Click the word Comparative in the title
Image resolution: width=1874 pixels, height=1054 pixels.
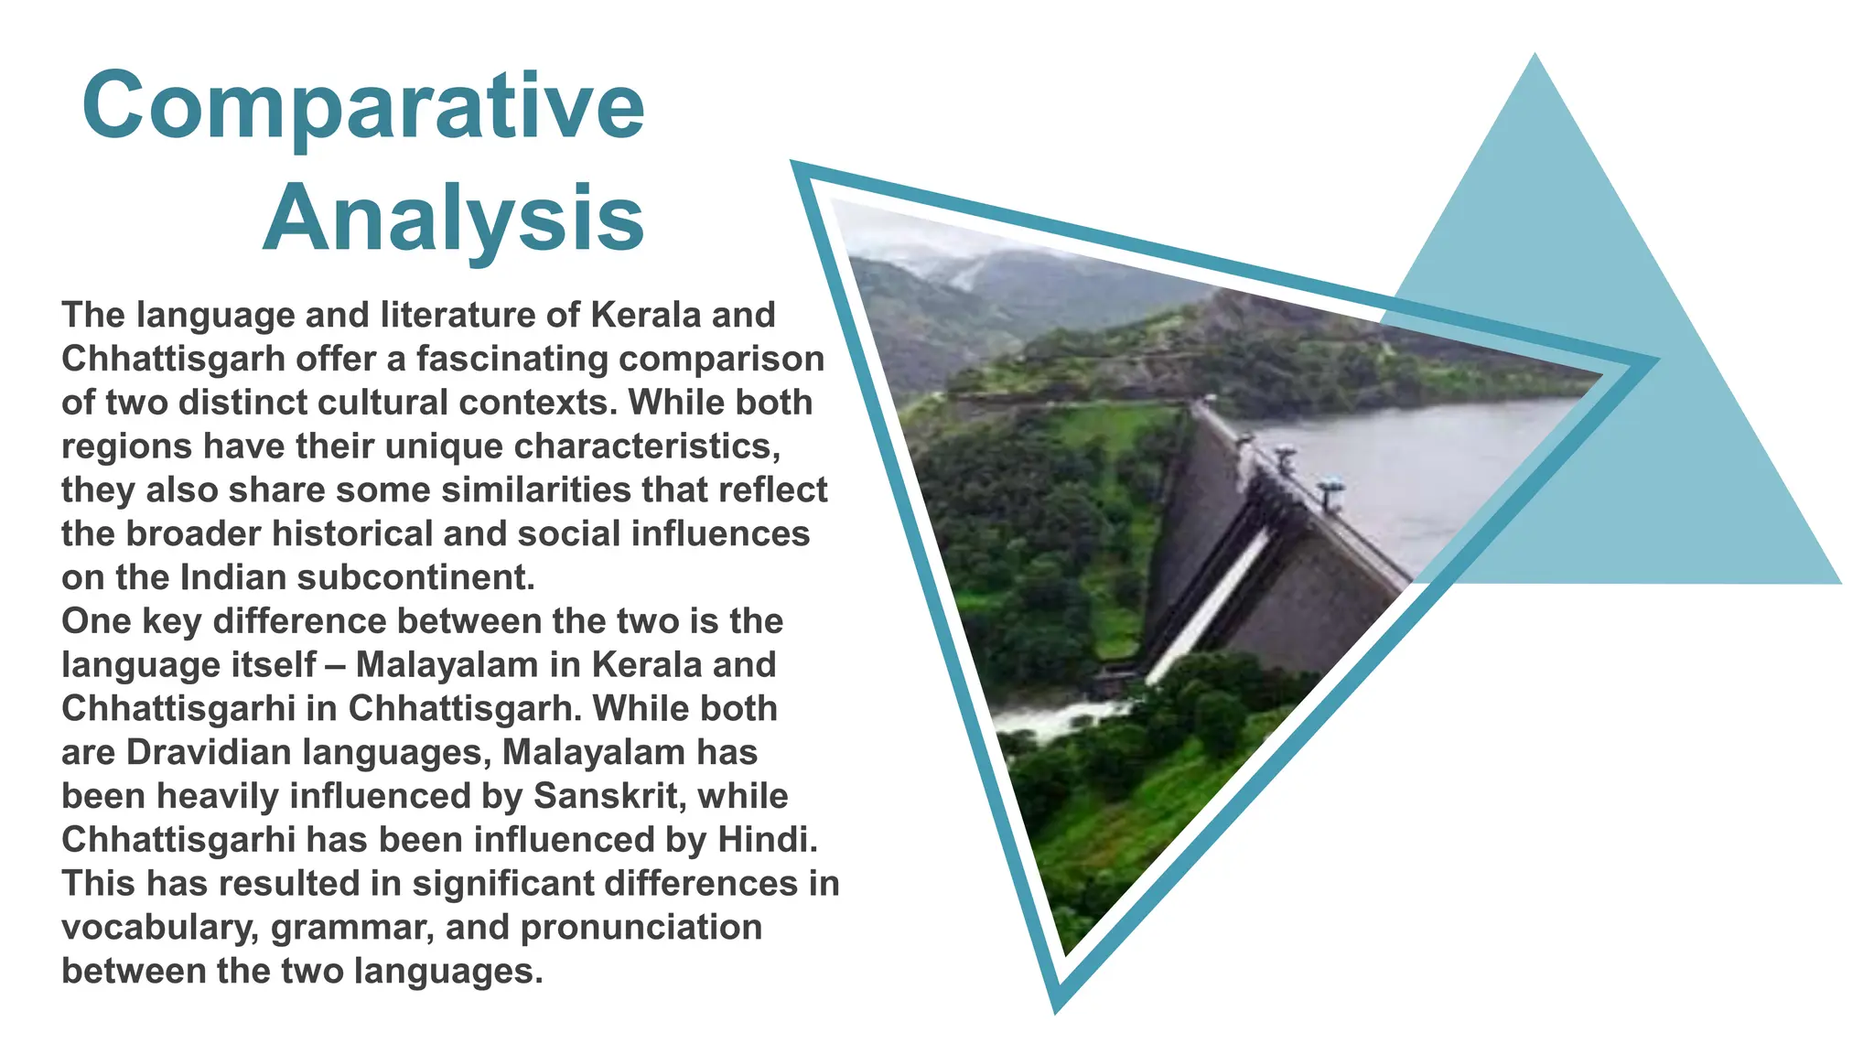point(363,106)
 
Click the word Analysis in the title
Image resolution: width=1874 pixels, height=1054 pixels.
point(454,220)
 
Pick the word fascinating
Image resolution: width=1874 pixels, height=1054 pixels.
point(512,359)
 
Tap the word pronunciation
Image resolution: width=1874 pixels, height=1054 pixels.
point(641,927)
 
